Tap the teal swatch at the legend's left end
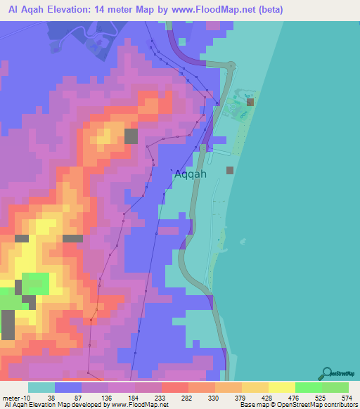point(41,387)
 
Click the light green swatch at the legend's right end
point(335,387)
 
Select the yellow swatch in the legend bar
point(281,387)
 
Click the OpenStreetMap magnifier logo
point(327,372)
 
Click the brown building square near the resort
point(250,102)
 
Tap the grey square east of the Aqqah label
point(230,169)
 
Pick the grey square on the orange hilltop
point(131,136)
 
